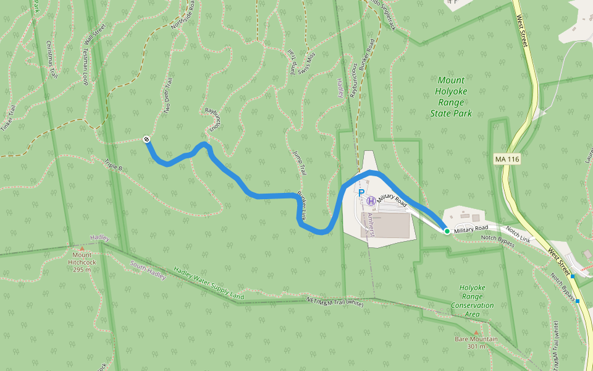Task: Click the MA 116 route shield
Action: (507, 160)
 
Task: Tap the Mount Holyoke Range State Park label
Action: (451, 96)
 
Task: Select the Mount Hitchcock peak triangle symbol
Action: (82, 249)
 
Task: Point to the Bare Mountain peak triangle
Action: (476, 333)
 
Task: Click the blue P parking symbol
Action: (361, 193)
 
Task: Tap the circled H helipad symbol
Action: (371, 200)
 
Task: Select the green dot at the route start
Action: (447, 231)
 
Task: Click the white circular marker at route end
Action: (146, 139)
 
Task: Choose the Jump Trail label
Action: (300, 163)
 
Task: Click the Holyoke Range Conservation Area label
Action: (473, 301)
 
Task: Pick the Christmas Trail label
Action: (52, 59)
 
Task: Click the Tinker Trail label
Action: (12, 114)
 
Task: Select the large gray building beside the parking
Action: (392, 225)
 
